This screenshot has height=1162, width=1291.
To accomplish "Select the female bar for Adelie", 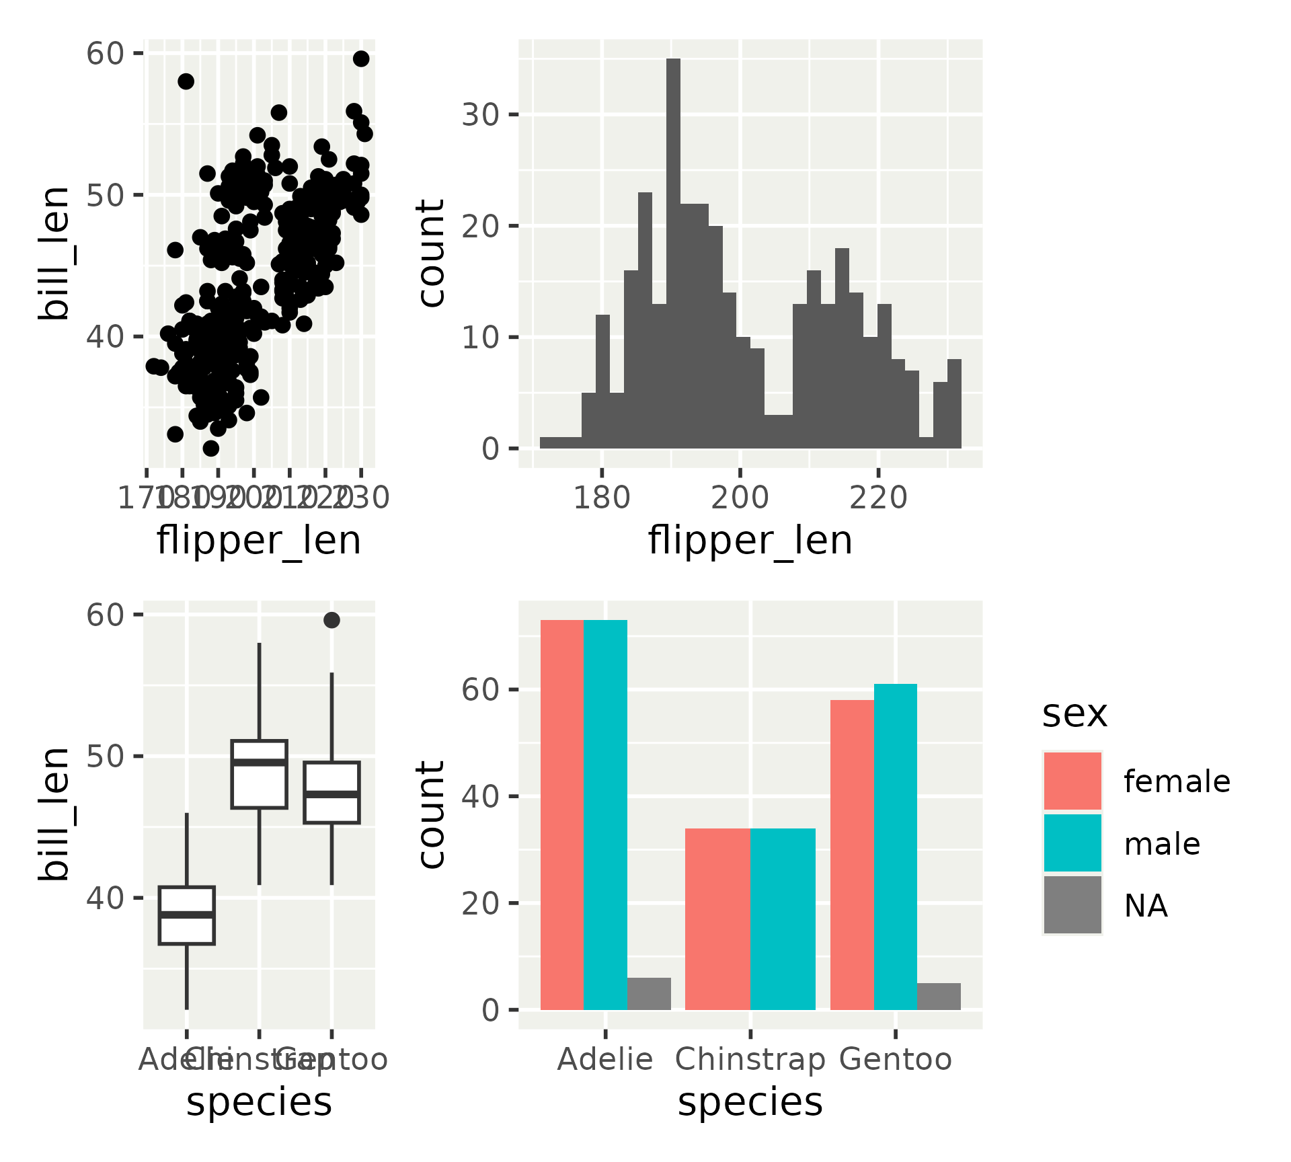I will [x=562, y=814].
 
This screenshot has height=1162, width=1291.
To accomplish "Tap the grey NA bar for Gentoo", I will [x=939, y=996].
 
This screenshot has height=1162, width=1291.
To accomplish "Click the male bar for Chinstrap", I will [x=783, y=919].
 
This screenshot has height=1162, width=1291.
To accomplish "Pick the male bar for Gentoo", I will [x=896, y=847].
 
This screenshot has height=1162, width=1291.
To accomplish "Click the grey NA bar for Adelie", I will [x=649, y=993].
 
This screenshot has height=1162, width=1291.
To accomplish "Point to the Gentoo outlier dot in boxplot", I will [x=331, y=620].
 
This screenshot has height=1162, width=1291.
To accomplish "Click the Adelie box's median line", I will [x=187, y=915].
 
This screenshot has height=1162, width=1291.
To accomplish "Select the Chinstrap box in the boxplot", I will [x=260, y=774].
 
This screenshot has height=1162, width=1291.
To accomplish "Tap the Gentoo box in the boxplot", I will [x=331, y=792].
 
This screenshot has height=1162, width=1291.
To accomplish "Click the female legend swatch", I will [x=1072, y=781].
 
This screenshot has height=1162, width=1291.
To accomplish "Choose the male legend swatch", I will [x=1072, y=843].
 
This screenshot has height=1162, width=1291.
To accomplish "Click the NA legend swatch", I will [x=1072, y=904].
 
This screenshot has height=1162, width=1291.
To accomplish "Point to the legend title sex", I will [x=1074, y=713].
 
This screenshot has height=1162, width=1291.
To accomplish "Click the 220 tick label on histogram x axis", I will [x=878, y=498].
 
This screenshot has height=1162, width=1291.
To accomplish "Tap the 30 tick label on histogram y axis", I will [x=480, y=115].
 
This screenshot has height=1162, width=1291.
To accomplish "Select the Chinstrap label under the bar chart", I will [x=750, y=1060].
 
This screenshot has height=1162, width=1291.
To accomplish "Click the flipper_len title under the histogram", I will [x=750, y=541].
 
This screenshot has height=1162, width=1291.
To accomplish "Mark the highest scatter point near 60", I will [x=361, y=59].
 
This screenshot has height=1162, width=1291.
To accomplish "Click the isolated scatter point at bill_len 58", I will [x=186, y=81].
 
